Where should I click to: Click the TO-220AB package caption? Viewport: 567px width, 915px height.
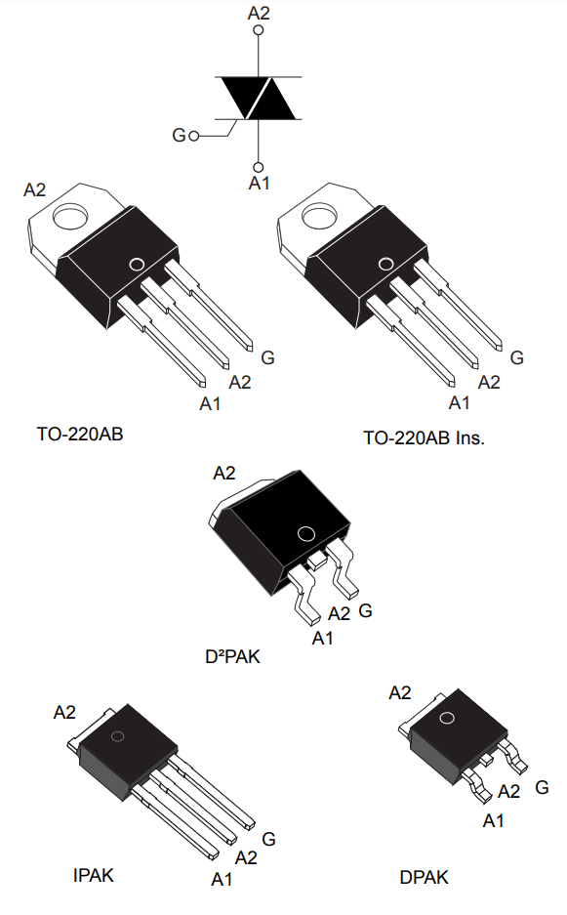click(80, 435)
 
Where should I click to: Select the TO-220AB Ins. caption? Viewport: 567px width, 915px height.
click(425, 437)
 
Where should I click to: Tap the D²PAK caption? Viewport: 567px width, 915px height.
click(232, 656)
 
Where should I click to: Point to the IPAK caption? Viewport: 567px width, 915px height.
click(94, 875)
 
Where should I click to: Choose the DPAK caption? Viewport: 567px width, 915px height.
click(425, 877)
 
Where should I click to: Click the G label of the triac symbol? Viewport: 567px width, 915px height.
click(179, 136)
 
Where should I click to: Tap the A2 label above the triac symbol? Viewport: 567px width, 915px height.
click(259, 13)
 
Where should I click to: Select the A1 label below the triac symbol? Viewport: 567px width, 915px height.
click(259, 184)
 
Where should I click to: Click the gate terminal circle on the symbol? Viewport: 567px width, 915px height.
click(194, 136)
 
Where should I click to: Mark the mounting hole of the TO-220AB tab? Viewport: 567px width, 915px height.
click(71, 216)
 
